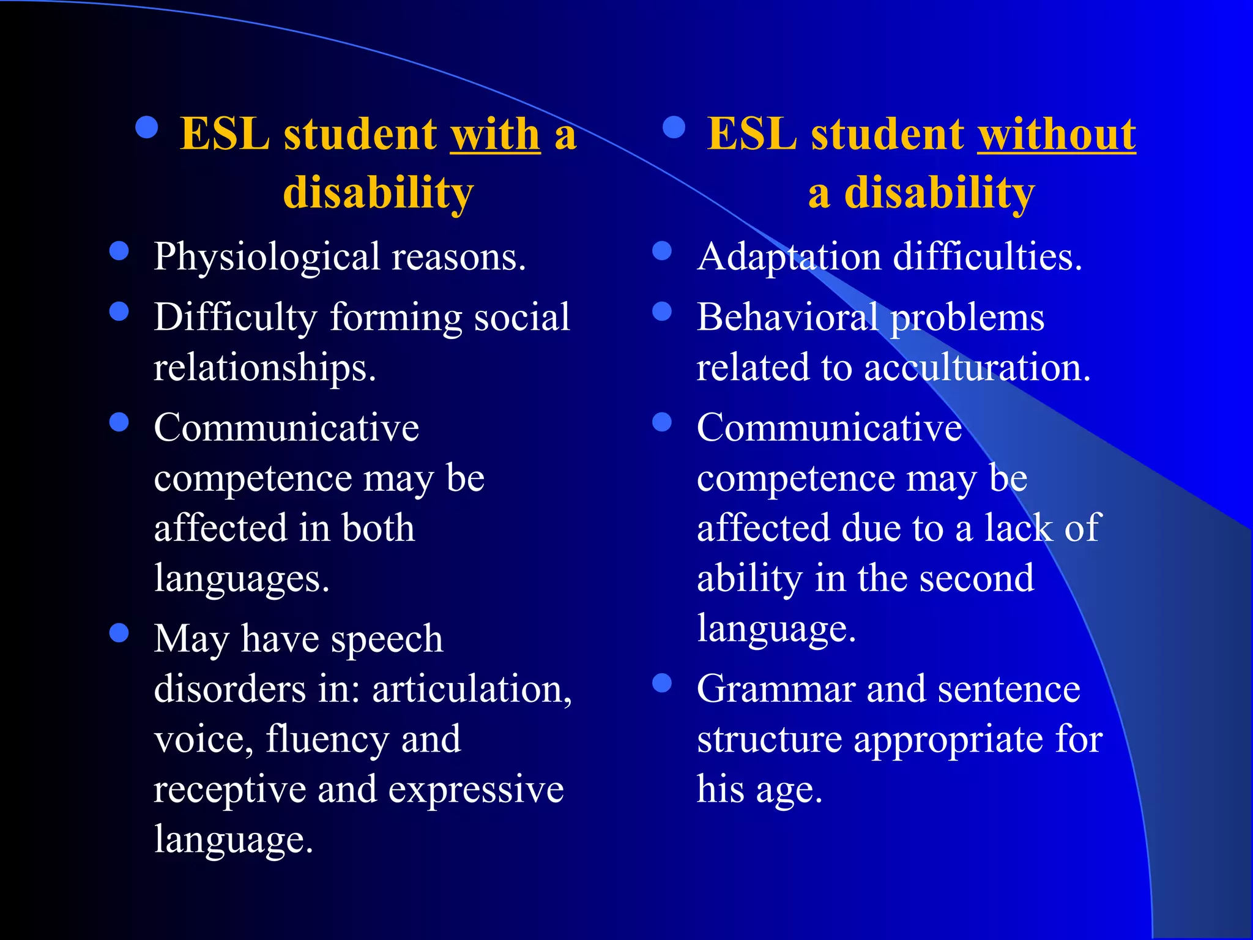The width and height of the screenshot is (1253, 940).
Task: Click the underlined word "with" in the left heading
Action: [x=495, y=134]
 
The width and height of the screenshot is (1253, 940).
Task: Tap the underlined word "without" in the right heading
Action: [x=1056, y=134]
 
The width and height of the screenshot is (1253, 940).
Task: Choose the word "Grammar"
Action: [x=775, y=689]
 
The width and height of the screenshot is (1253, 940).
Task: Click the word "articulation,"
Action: [x=472, y=689]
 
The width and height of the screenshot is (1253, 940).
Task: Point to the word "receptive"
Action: [x=229, y=790]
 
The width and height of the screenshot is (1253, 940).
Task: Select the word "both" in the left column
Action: [x=377, y=528]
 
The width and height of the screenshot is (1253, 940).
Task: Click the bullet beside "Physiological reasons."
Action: [x=119, y=251]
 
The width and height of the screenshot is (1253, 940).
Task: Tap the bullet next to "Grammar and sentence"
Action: [x=662, y=683]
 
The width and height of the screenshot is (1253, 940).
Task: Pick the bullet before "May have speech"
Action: [x=119, y=633]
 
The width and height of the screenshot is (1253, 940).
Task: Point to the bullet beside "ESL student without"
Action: [x=674, y=127]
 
